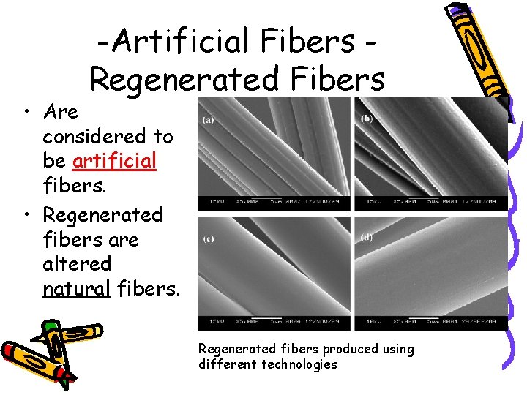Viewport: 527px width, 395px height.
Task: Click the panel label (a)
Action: (x=209, y=119)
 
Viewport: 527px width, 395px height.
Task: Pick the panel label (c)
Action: (x=209, y=239)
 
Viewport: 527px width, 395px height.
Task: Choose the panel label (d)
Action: (x=365, y=238)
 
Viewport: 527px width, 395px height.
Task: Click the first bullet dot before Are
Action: (x=26, y=112)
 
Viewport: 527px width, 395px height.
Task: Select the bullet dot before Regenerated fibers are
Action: (x=26, y=215)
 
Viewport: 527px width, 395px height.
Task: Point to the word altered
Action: (x=77, y=263)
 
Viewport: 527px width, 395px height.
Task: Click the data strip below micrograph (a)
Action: (x=274, y=201)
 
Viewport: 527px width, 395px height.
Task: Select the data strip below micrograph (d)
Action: (x=430, y=321)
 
